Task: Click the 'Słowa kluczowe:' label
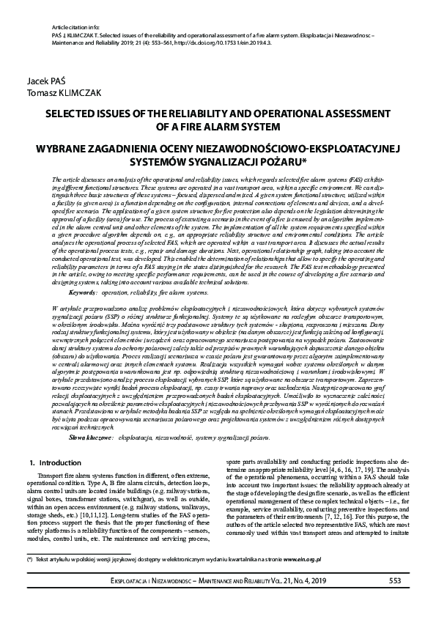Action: coord(91,415)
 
